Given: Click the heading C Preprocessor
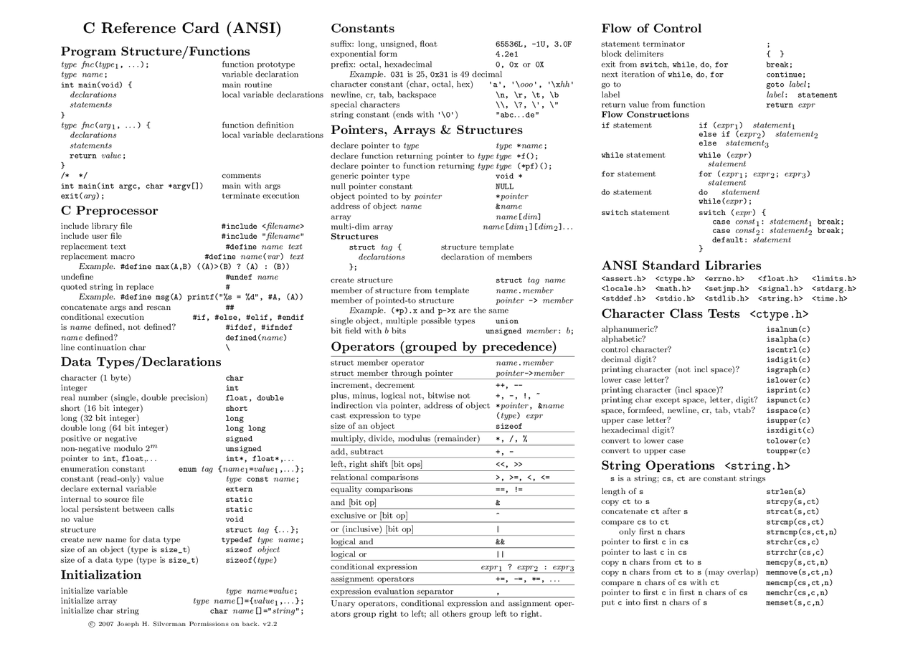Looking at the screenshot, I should coord(109,211).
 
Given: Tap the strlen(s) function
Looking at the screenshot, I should coord(785,492).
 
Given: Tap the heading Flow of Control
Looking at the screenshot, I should coord(650,29).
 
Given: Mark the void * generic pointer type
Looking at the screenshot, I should coord(508,176).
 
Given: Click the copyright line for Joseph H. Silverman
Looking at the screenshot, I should coord(182,624).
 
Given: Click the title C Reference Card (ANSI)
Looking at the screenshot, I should coord(182,29).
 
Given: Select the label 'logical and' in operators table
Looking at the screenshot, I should coord(351,542).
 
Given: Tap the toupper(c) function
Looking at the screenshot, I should coord(787,451).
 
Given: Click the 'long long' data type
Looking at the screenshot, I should coord(245,429).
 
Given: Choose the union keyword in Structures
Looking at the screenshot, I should coord(506,321).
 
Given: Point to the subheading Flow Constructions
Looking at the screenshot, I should coord(645,115).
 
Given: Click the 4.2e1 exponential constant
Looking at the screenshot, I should coord(507,55).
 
